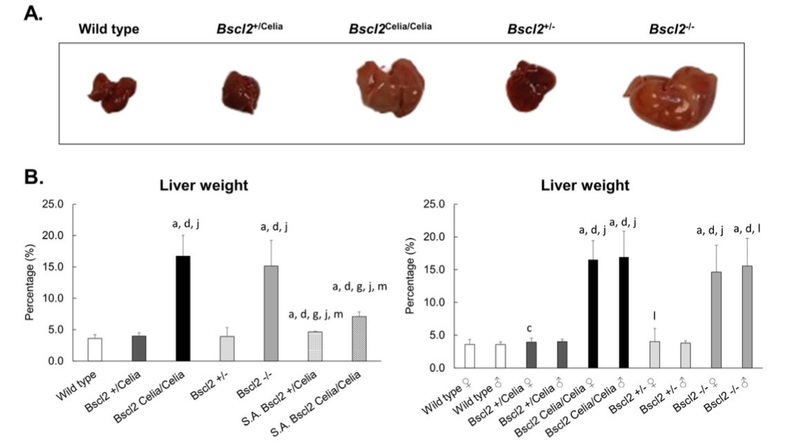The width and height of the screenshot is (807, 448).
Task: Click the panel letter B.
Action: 34,178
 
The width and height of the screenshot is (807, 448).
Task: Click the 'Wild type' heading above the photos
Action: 108,30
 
